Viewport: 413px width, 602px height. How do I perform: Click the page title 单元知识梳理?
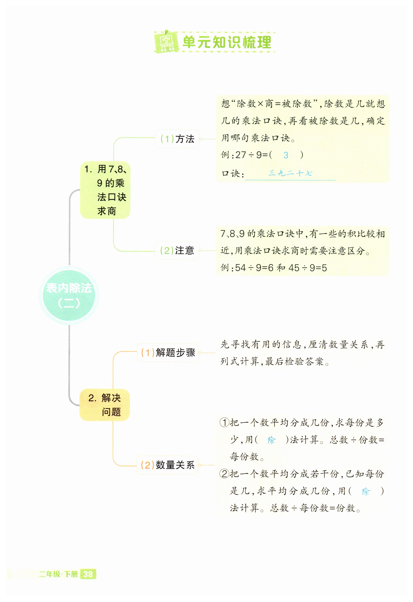click(227, 42)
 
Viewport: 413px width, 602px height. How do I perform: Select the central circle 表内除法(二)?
click(69, 295)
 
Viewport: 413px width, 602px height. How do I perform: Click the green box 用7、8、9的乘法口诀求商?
click(105, 190)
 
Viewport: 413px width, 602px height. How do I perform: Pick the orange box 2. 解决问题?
click(105, 405)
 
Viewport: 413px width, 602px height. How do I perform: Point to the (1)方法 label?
click(177, 139)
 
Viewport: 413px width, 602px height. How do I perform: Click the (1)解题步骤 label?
click(168, 353)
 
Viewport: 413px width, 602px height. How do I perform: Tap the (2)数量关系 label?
click(168, 465)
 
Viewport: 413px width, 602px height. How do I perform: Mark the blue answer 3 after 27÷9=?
click(286, 155)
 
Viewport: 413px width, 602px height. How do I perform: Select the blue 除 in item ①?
click(271, 440)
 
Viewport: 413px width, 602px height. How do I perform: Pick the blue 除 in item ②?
click(366, 491)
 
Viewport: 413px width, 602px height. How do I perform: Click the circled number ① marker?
click(224, 423)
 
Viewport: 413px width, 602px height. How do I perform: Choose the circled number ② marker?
click(224, 474)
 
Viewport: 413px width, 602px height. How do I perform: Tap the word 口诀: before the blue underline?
click(233, 174)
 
